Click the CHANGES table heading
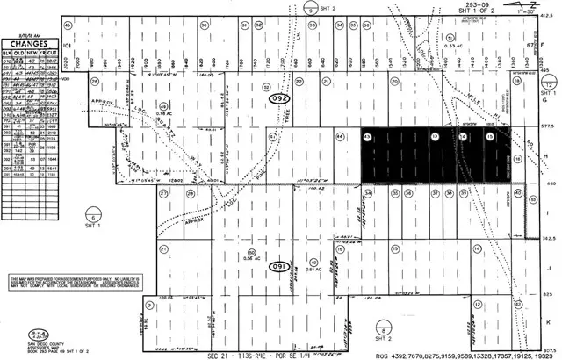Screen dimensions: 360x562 (x=29, y=39)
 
